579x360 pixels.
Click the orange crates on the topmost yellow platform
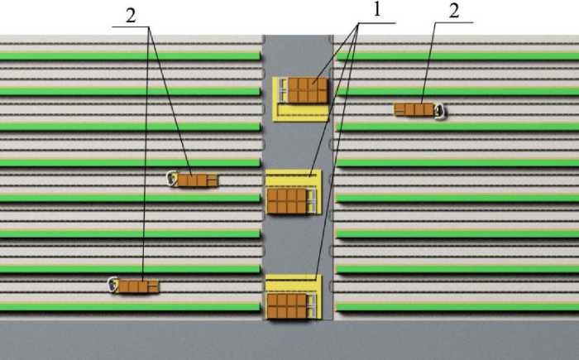coord(308,90)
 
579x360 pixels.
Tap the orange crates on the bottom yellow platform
coord(286,305)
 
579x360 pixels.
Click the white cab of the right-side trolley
coord(440,109)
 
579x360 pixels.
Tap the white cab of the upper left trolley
coord(173,178)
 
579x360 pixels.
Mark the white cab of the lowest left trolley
coord(113,286)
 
